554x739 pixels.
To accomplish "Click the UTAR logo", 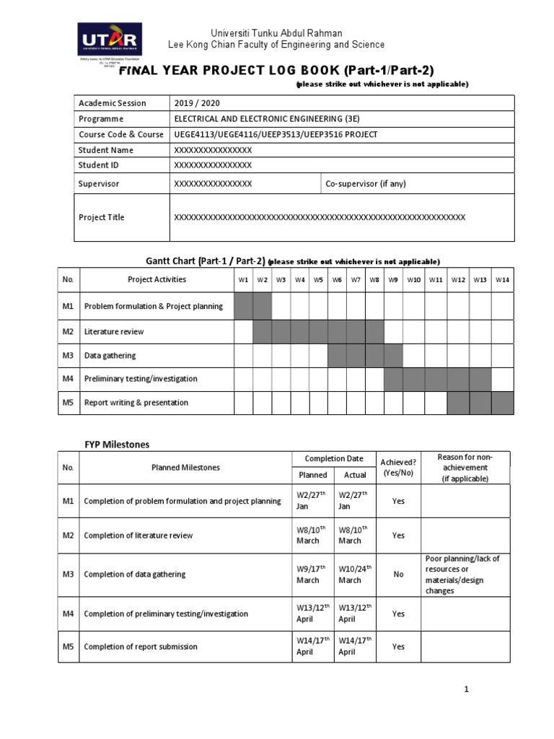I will [109, 44].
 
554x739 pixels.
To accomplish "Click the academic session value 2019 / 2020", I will [195, 103].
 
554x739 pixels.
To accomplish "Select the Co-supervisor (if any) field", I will [366, 184].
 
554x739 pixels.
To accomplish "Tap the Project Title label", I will [101, 217].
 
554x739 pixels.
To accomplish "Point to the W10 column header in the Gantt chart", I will [413, 279].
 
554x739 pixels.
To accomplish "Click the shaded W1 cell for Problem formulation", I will [243, 306].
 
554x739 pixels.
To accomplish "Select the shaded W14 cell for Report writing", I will [503, 403].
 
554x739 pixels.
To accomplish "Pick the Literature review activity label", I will [114, 332].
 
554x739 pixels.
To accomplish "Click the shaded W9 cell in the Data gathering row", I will [393, 356].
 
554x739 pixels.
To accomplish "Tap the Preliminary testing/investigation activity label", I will [141, 379].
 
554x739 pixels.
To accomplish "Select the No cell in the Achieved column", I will [398, 574].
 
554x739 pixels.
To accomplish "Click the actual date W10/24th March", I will [353, 574].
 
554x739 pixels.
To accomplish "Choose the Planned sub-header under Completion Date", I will [312, 476].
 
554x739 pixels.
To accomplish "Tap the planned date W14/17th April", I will [312, 647].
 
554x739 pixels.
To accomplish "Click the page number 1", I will [467, 690].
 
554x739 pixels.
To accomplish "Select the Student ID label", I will [99, 165].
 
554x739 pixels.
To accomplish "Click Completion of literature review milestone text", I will [138, 536].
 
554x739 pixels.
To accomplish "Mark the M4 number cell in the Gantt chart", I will [69, 379].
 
